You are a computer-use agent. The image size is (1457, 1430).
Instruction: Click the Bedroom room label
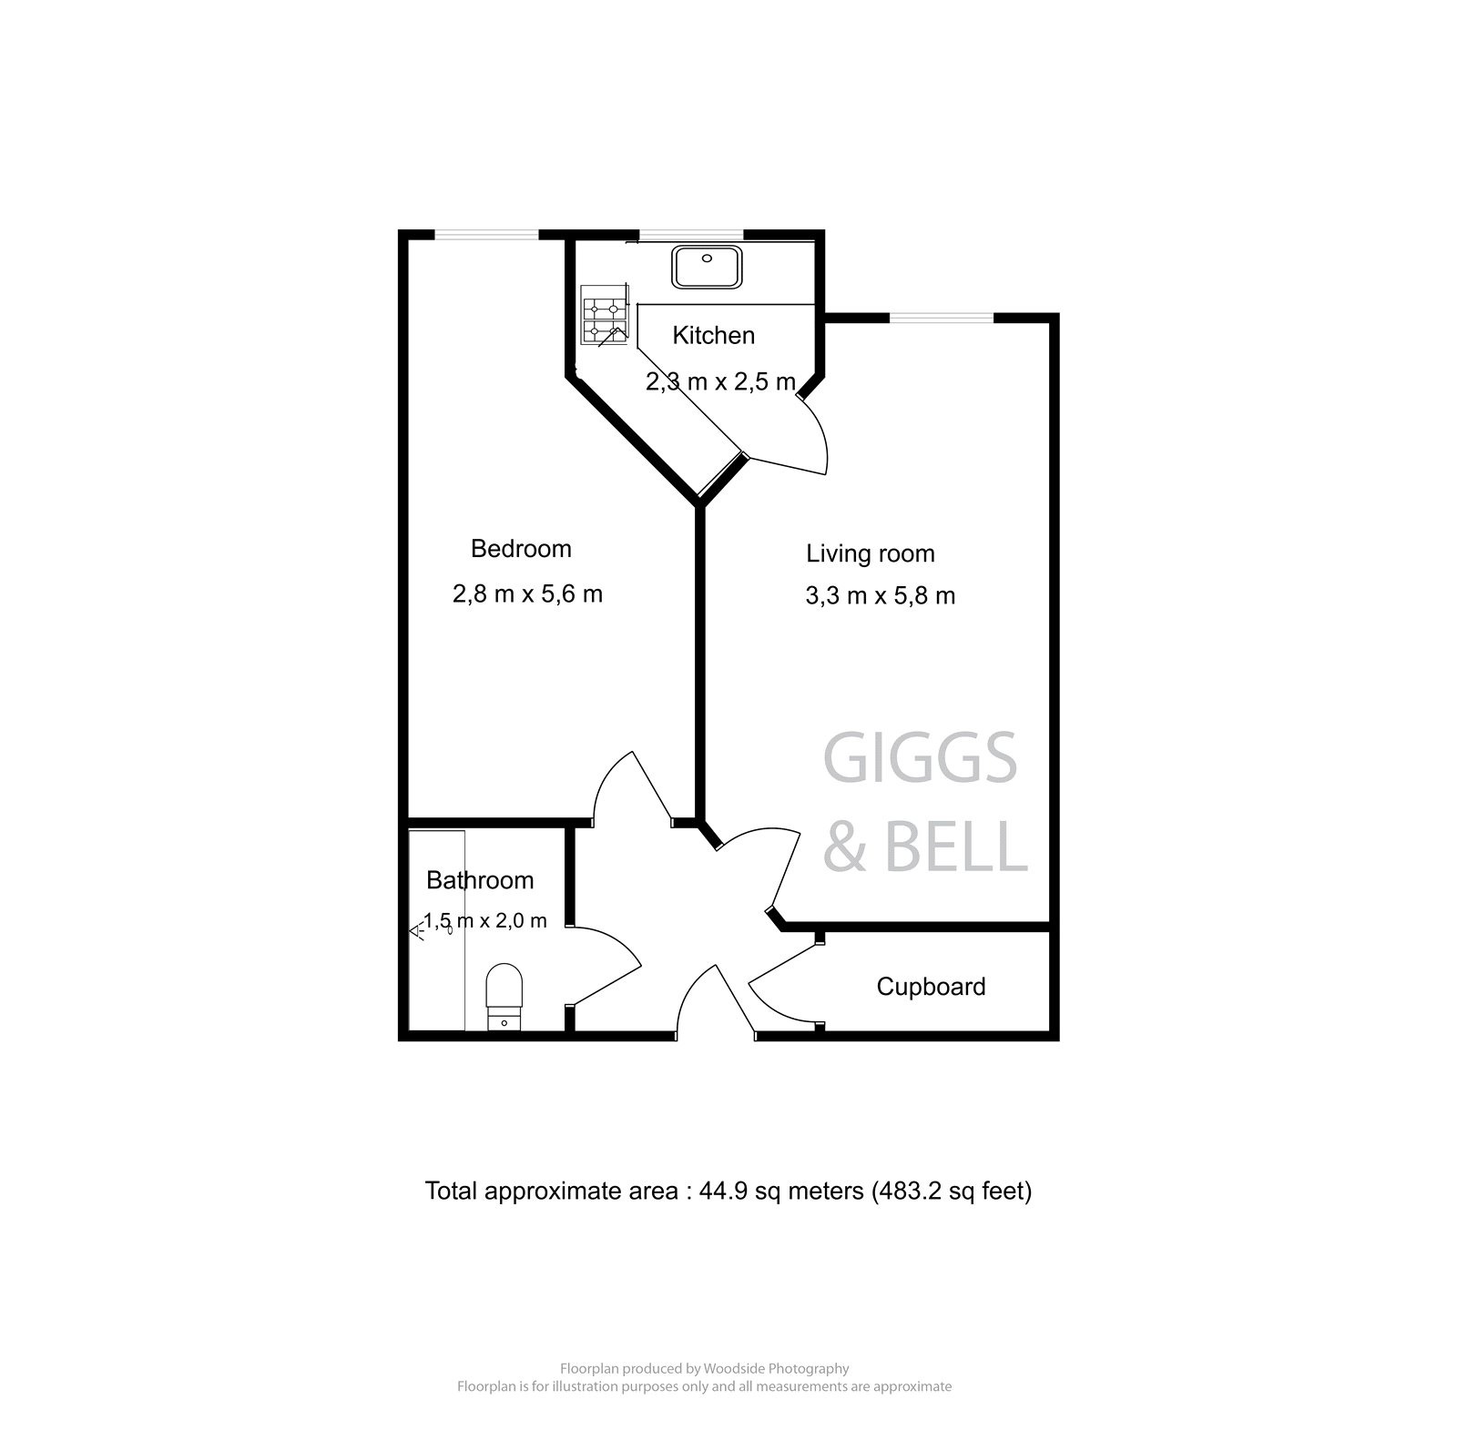521,549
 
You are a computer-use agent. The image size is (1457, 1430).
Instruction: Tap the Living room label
870,553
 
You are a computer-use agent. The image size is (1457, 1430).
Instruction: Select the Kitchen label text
713,336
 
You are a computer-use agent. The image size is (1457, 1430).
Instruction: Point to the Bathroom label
480,880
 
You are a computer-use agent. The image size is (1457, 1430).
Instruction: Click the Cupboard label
931,987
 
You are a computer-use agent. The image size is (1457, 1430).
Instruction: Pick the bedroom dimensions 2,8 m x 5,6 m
527,594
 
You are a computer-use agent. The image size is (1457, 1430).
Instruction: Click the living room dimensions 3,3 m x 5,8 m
880,596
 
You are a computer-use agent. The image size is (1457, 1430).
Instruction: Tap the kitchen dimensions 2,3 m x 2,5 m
720,382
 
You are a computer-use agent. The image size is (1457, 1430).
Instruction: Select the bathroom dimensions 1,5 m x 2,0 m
486,920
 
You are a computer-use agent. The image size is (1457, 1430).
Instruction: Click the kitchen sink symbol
707,267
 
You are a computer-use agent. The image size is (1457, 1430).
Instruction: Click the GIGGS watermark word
920,760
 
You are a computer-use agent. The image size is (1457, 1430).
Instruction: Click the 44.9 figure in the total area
723,1192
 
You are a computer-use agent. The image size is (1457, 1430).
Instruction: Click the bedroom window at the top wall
486,235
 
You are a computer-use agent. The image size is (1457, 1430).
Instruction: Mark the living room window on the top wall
941,318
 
